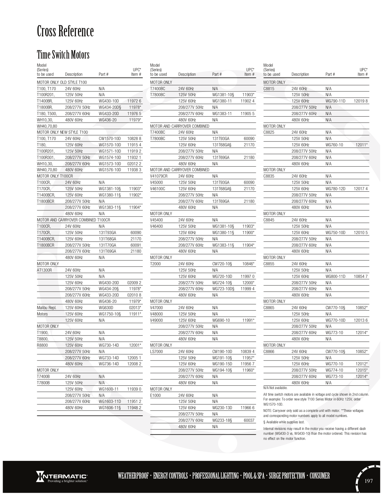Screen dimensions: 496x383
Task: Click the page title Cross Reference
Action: click(x=65, y=32)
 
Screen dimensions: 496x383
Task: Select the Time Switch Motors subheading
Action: click(x=63, y=55)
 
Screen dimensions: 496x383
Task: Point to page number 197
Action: click(x=368, y=481)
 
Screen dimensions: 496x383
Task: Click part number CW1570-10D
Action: click(x=110, y=138)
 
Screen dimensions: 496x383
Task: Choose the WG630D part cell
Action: click(x=105, y=308)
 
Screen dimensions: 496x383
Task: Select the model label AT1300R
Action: click(x=44, y=270)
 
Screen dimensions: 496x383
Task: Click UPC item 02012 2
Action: click(x=134, y=164)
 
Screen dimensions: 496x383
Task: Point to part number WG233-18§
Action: click(x=222, y=420)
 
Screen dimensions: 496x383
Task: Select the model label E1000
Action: click(x=155, y=395)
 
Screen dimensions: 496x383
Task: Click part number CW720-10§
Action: click(x=222, y=264)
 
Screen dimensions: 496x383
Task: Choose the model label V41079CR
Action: click(x=159, y=176)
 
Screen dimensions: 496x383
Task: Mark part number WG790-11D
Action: click(x=336, y=101)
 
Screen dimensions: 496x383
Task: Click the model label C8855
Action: click(x=269, y=264)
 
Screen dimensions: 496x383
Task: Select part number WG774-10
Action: click(x=334, y=370)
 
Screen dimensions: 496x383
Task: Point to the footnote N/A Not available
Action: click(x=275, y=388)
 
